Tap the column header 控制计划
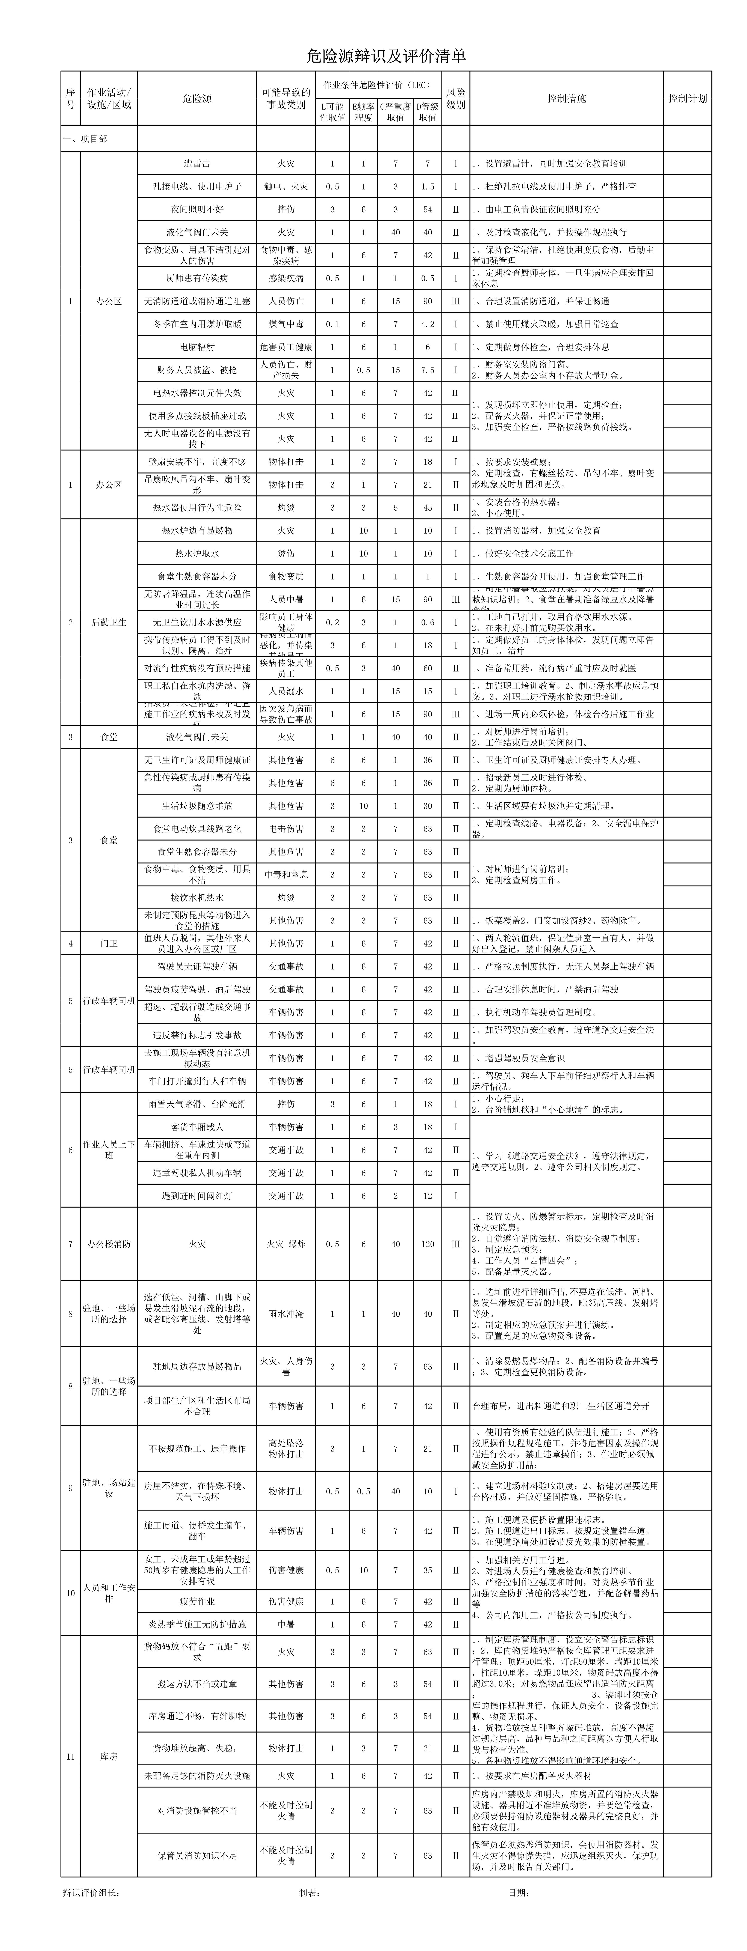687,98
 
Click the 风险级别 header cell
455,98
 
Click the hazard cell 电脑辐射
197,347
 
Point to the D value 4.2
427,324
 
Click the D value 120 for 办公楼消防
427,1244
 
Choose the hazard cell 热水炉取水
197,554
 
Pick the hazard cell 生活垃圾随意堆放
197,806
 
